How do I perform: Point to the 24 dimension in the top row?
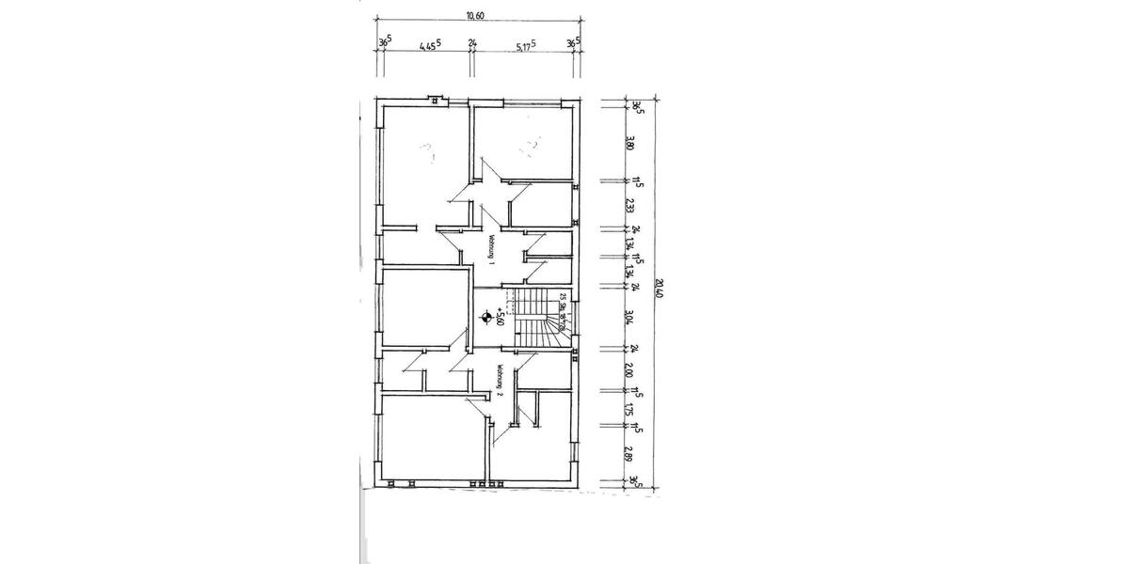[472, 44]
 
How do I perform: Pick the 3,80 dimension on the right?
[630, 144]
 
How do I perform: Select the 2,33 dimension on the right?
[630, 205]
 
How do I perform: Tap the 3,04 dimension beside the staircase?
[630, 317]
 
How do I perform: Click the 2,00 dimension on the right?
[630, 370]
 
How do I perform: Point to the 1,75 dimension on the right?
[630, 410]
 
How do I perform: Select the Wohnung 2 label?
[501, 380]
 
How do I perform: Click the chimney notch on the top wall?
[435, 98]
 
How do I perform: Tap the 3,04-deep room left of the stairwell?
[425, 308]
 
